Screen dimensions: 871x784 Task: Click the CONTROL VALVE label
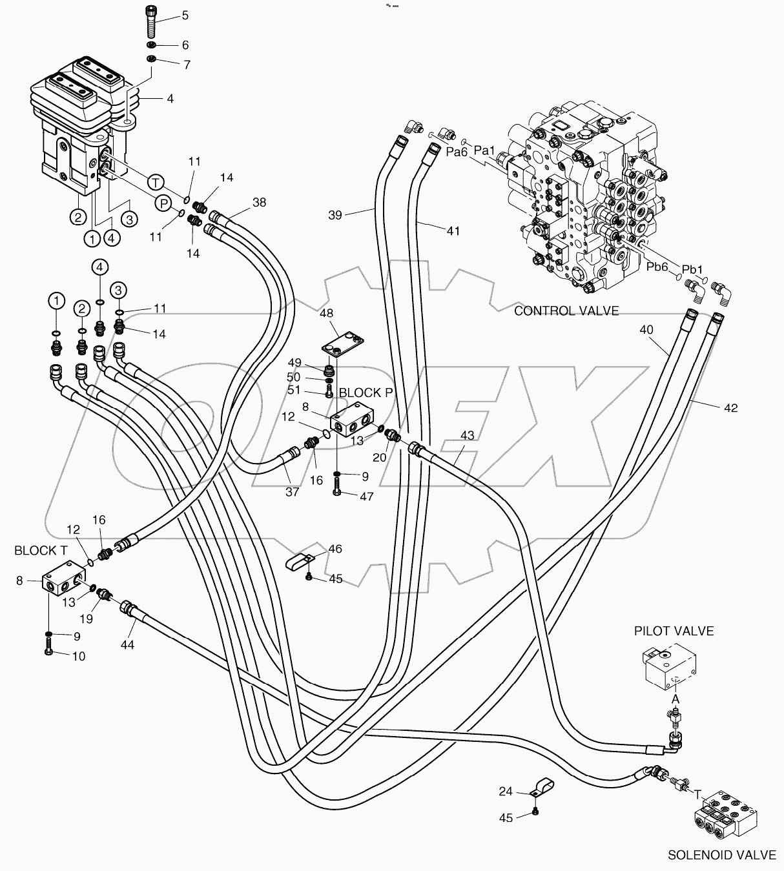click(566, 311)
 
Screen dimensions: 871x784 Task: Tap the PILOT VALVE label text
click(674, 631)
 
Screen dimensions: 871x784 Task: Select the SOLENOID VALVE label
click(721, 855)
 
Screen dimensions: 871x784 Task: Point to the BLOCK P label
click(366, 393)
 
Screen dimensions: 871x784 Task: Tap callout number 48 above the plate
click(326, 313)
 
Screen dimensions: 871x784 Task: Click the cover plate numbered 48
click(344, 342)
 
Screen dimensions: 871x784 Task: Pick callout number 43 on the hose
click(467, 435)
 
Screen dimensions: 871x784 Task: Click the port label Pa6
click(457, 152)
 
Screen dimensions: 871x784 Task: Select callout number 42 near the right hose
click(730, 408)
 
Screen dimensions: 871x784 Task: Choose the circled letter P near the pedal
click(164, 203)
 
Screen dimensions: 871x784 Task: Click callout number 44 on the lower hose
click(127, 645)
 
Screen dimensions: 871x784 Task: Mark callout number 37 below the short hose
click(292, 492)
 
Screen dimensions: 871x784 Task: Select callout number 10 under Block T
click(77, 656)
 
